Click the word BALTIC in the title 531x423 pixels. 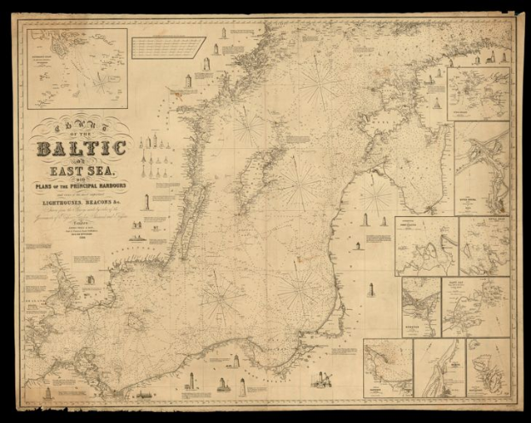(81, 150)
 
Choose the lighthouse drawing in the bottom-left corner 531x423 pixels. (48, 392)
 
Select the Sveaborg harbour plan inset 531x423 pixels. (478, 94)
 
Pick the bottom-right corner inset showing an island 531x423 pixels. (488, 368)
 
